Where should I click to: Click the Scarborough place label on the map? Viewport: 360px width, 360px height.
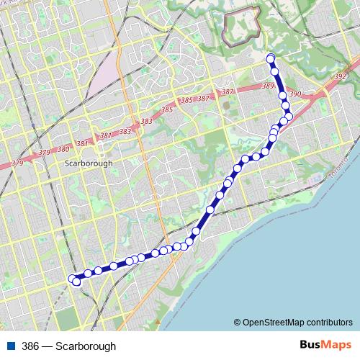point(89,163)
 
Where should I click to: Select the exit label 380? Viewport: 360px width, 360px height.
point(63,150)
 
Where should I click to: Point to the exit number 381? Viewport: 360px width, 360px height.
point(81,144)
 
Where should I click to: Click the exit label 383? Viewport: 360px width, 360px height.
point(125,131)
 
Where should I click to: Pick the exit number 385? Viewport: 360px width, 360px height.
point(167,110)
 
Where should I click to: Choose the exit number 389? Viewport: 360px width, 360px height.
point(269,86)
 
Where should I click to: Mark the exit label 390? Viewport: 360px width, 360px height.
point(294,94)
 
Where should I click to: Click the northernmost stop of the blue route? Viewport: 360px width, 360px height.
point(271,58)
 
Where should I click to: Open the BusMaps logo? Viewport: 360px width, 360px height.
point(325,345)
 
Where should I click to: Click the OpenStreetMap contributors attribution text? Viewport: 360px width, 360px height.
point(297,322)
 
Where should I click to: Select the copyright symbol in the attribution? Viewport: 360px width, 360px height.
point(236,322)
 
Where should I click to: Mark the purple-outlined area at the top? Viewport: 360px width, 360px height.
point(241,27)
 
